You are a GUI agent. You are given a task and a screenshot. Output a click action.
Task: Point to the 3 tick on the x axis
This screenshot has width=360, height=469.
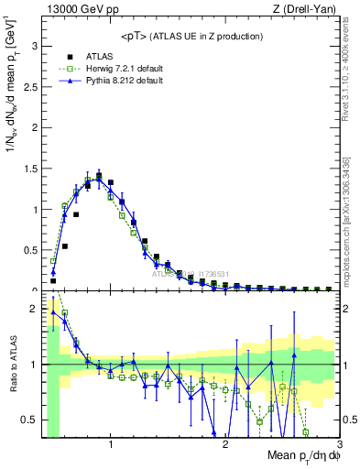(339, 444)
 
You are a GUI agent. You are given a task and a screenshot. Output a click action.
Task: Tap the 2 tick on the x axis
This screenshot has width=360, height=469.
(225, 444)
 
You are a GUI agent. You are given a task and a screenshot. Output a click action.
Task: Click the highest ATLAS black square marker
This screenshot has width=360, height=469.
(99, 174)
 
